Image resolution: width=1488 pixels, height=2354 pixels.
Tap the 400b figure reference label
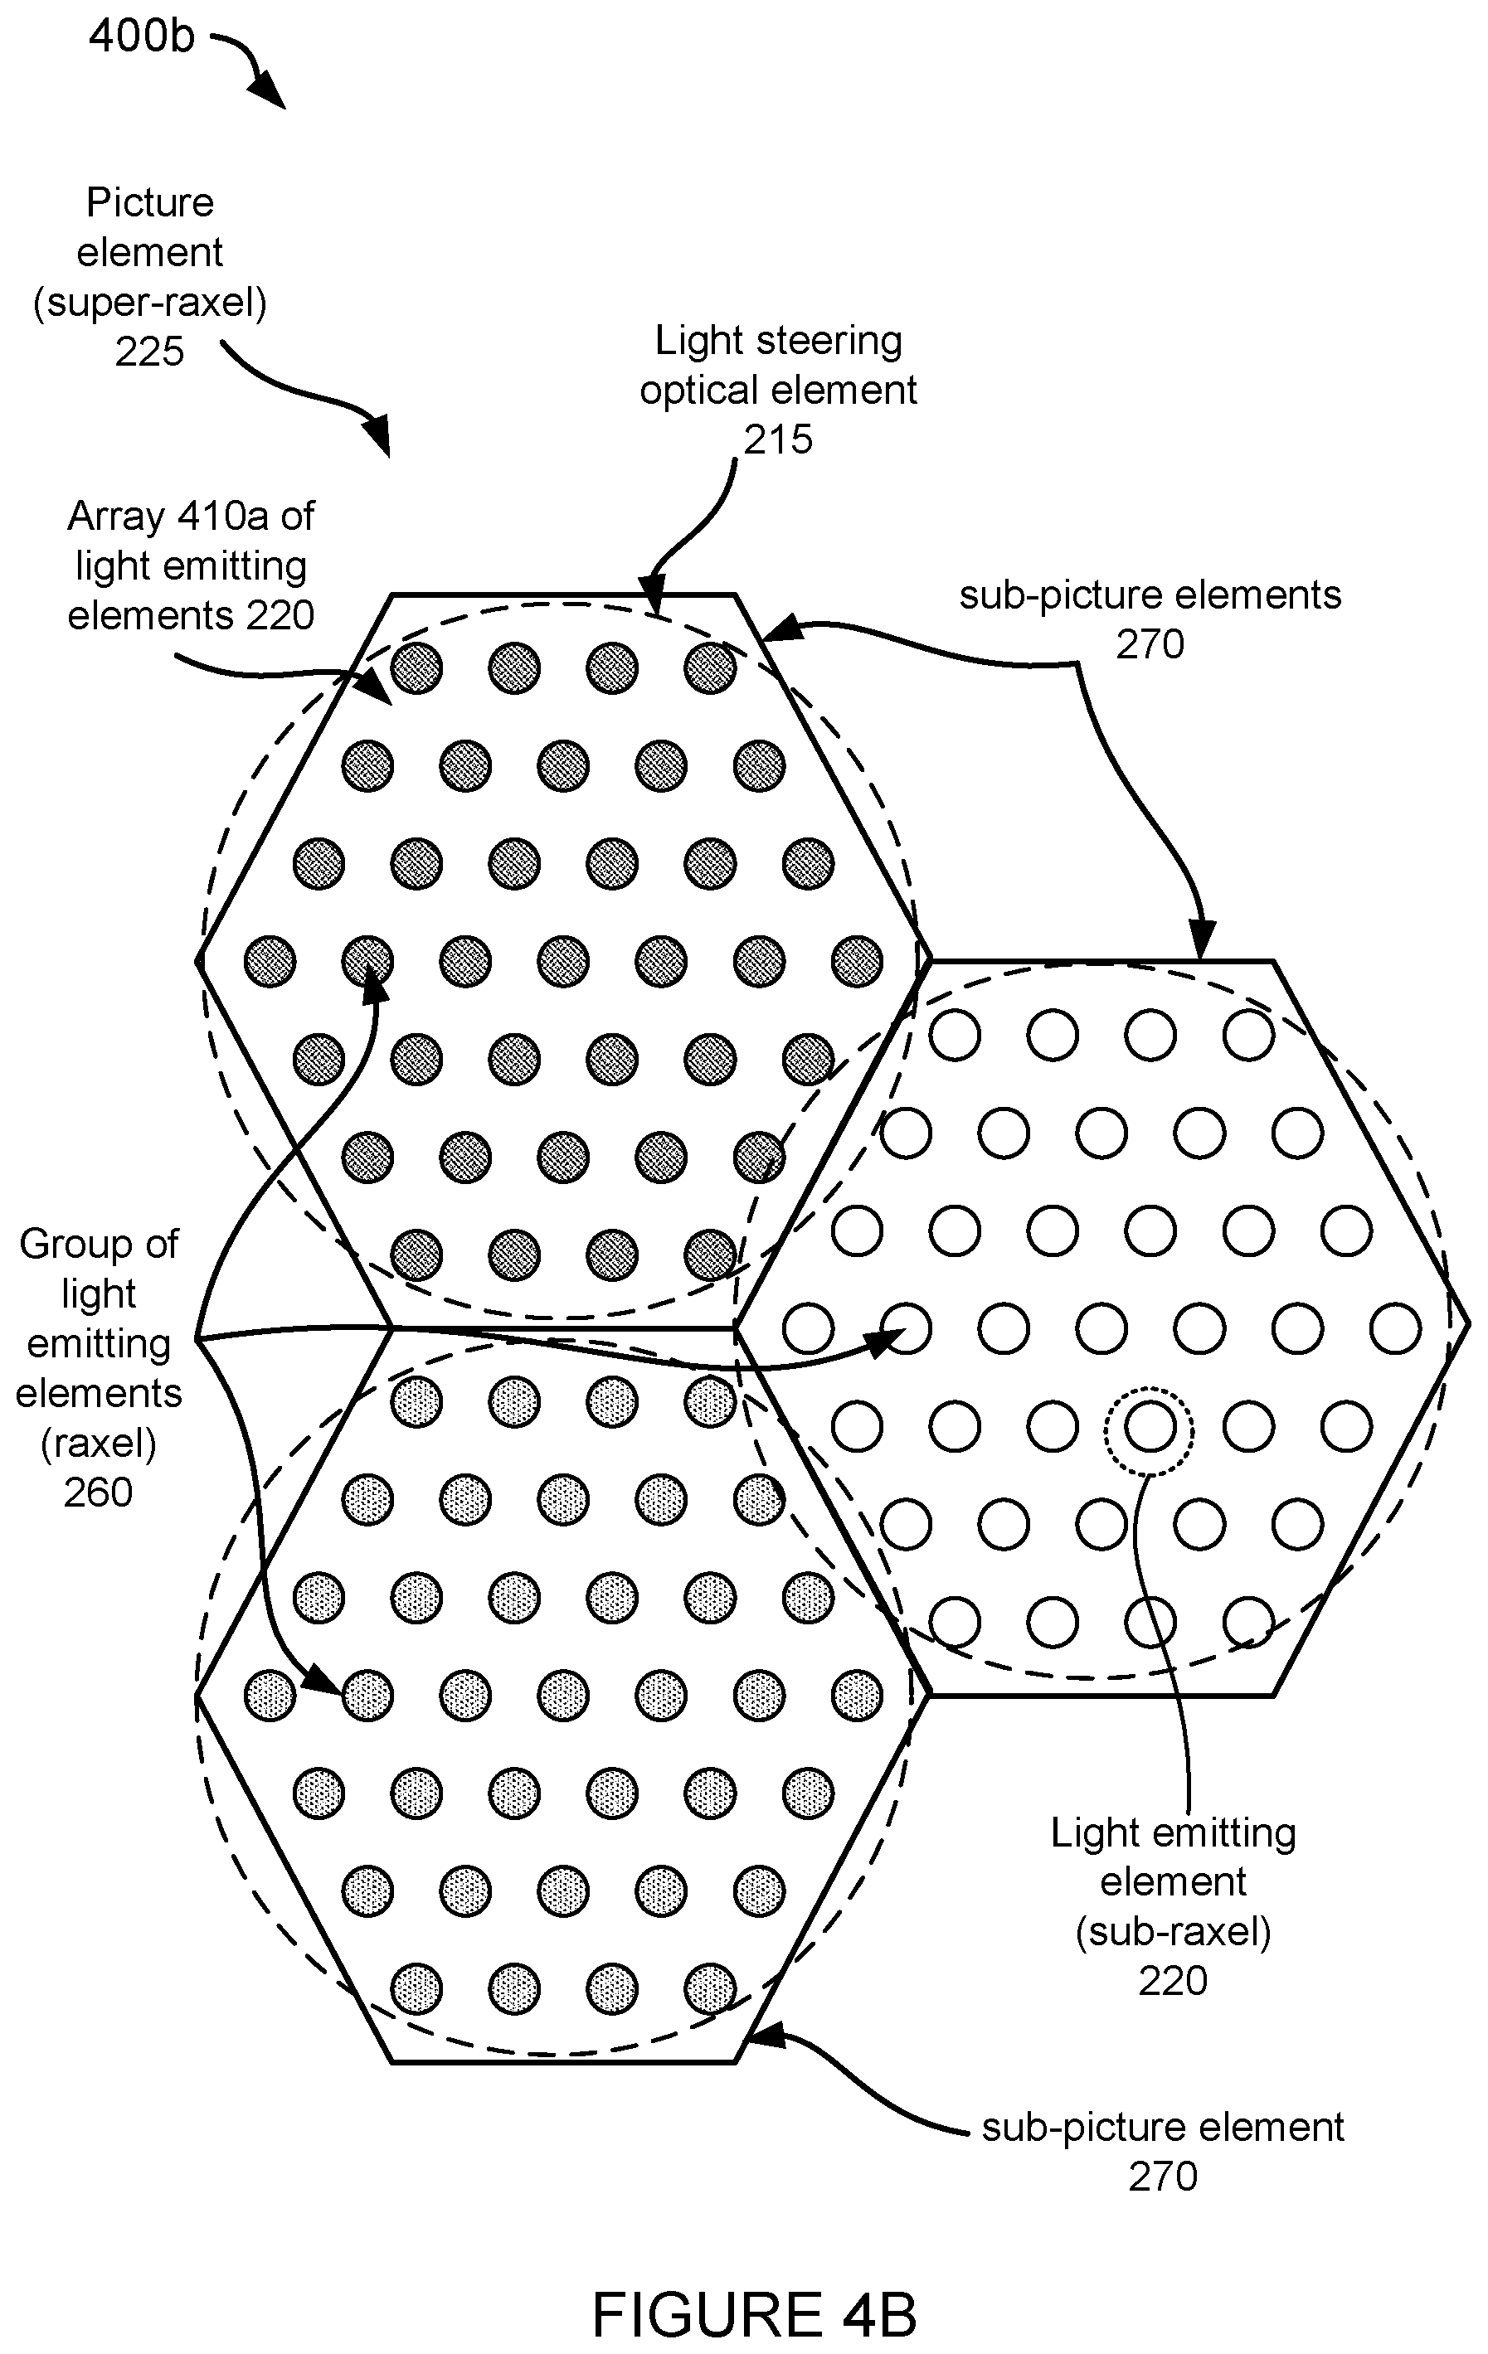tap(142, 36)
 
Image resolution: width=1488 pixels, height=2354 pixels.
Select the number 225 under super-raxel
tap(149, 352)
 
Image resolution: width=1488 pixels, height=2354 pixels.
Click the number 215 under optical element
tap(778, 440)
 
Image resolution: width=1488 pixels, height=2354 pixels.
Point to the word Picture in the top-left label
tap(149, 202)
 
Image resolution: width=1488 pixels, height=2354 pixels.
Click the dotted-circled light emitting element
tap(1150, 1426)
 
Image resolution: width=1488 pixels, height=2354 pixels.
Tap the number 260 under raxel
tap(98, 1492)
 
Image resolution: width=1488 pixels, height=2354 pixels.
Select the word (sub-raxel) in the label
tap(1173, 1934)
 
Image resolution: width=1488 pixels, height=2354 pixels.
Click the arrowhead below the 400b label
tap(268, 92)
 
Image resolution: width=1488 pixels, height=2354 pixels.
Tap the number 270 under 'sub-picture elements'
tap(1150, 645)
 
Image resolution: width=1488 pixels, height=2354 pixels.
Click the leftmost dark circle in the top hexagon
tap(270, 962)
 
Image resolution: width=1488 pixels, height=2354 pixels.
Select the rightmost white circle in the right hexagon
tap(1395, 1328)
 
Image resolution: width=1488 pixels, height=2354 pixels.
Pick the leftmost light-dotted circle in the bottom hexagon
tap(270, 1695)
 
